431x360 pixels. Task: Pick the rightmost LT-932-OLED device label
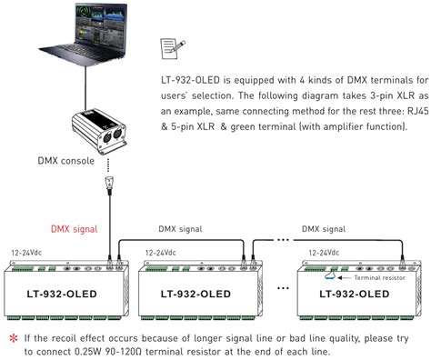click(x=357, y=295)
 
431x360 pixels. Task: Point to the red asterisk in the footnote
click(x=14, y=338)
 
